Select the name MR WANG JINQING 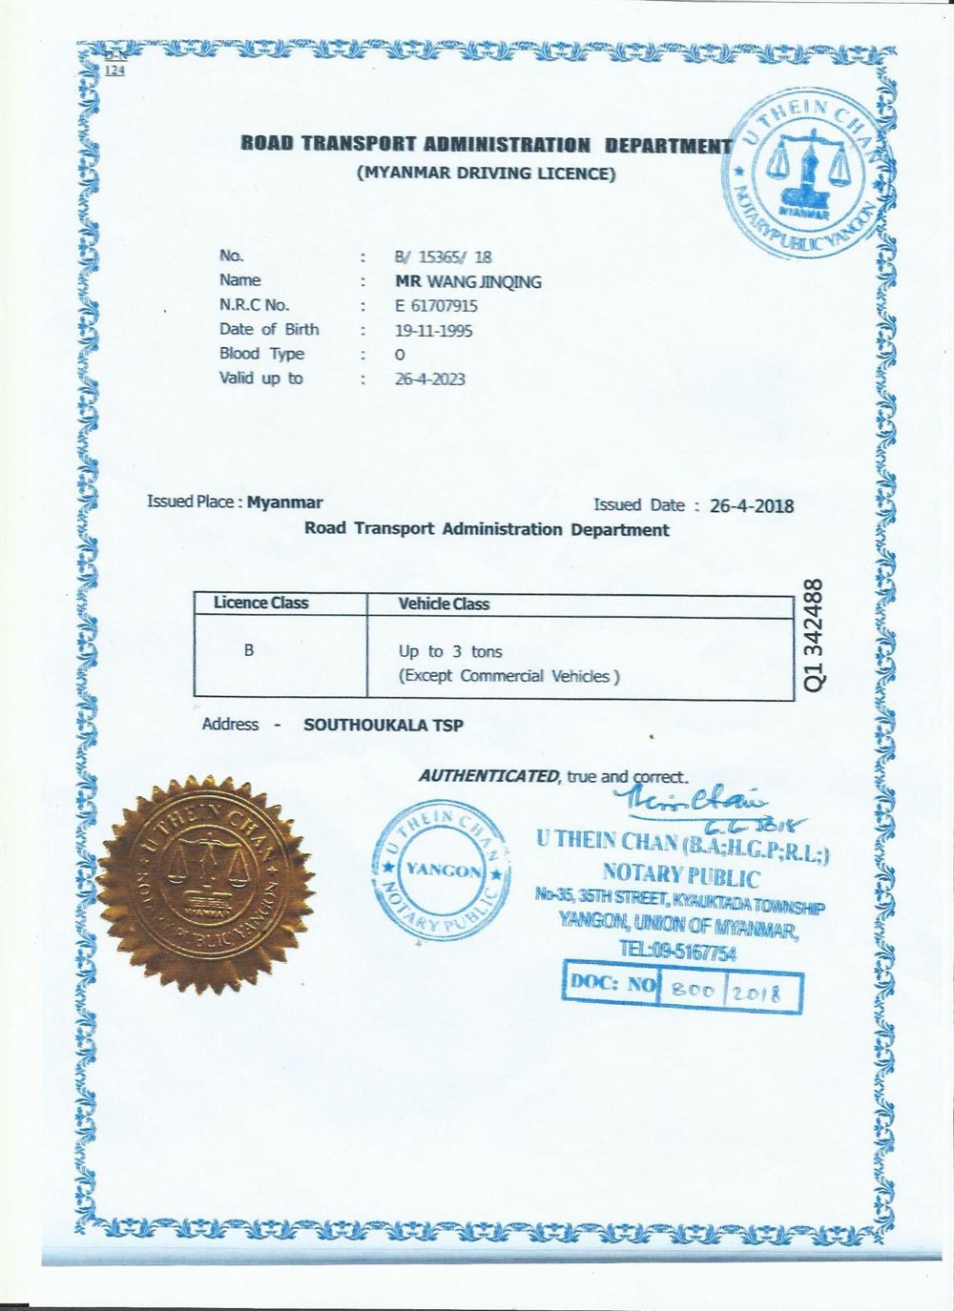468,281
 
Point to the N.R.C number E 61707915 436,306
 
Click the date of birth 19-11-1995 433,331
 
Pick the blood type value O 400,355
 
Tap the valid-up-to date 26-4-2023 430,379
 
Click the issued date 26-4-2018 752,505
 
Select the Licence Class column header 260,603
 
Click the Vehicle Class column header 443,604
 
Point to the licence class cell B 249,650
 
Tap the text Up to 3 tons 449,652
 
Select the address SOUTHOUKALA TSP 384,725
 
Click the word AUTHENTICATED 487,775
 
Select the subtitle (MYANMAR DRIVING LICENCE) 486,174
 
